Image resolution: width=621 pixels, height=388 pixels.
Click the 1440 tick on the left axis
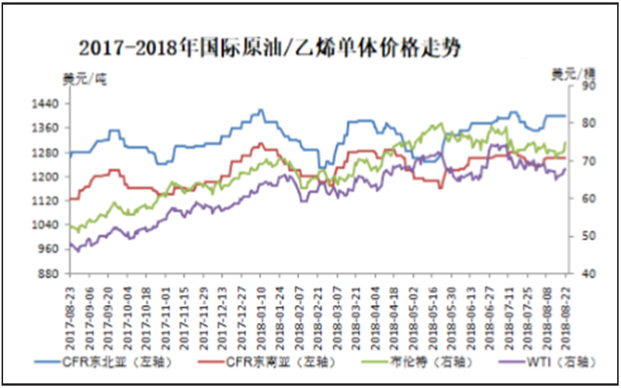48,103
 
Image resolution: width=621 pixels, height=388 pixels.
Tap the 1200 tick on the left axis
48,176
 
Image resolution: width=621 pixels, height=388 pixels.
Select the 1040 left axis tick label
48,225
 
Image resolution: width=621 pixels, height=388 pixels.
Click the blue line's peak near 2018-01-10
261,109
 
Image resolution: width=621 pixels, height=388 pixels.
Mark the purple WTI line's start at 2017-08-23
70,244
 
